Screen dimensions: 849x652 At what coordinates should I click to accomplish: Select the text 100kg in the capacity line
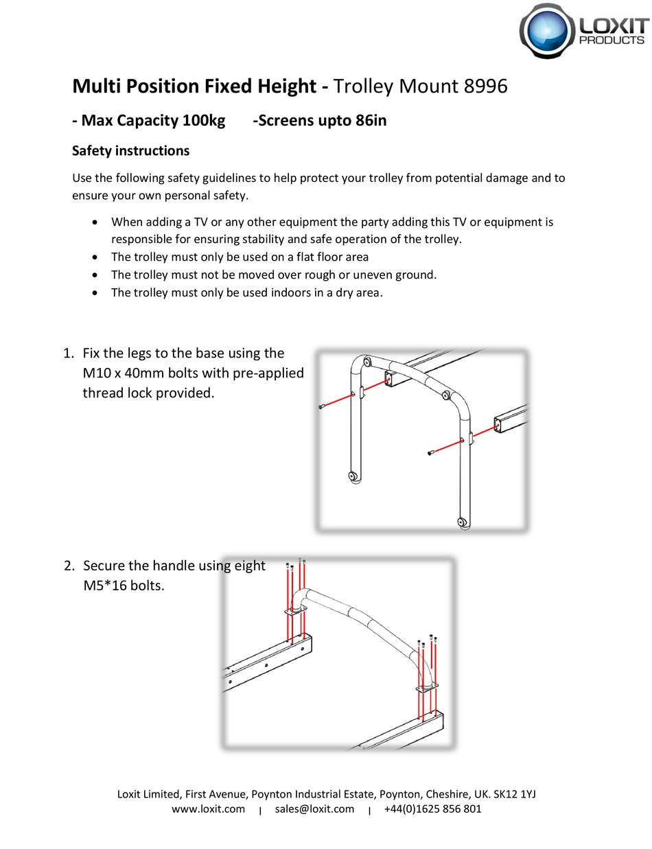203,121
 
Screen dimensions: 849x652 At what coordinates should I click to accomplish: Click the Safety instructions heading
130,150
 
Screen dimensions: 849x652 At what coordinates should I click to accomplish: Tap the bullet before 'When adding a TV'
95,222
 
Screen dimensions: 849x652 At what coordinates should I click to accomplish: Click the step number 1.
67,353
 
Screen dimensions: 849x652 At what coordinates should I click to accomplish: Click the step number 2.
68,566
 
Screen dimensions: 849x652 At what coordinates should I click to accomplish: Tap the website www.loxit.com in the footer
208,809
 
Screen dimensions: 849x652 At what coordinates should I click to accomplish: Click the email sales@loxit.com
314,809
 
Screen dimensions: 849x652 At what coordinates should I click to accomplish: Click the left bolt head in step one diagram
321,408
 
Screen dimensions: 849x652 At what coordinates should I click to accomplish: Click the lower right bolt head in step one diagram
430,452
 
